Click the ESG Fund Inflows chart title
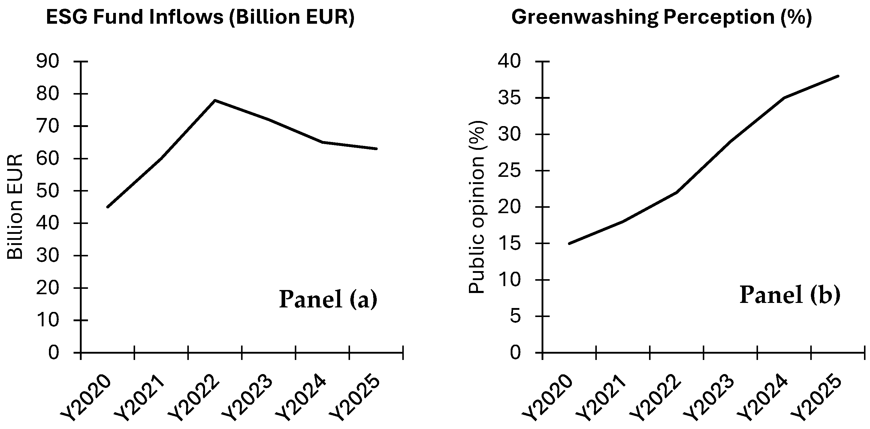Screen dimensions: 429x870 200,17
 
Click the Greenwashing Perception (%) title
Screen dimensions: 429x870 661,17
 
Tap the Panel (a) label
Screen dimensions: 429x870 328,299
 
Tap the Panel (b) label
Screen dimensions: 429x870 790,295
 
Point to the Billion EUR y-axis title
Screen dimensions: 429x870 15,207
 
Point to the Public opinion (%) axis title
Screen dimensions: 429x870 477,207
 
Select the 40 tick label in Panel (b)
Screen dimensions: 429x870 509,62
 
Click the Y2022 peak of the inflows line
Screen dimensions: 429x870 215,100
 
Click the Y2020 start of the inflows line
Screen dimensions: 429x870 107,207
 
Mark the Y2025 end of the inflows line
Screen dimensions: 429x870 376,149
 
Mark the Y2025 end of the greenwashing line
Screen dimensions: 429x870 838,76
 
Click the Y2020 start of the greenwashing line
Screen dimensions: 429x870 569,243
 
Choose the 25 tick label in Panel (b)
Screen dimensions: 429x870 509,171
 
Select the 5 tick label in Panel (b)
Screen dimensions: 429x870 515,316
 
